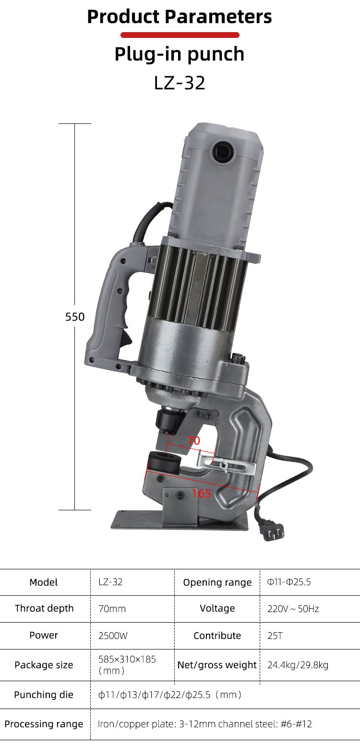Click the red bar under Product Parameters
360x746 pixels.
(180, 35)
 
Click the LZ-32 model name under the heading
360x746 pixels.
(180, 83)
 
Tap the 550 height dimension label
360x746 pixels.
(75, 317)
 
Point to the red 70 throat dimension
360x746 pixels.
(193, 441)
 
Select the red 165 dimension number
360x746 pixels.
(202, 493)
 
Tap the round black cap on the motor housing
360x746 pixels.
(223, 152)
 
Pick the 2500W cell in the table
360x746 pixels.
(113, 636)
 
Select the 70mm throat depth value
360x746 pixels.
(112, 609)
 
